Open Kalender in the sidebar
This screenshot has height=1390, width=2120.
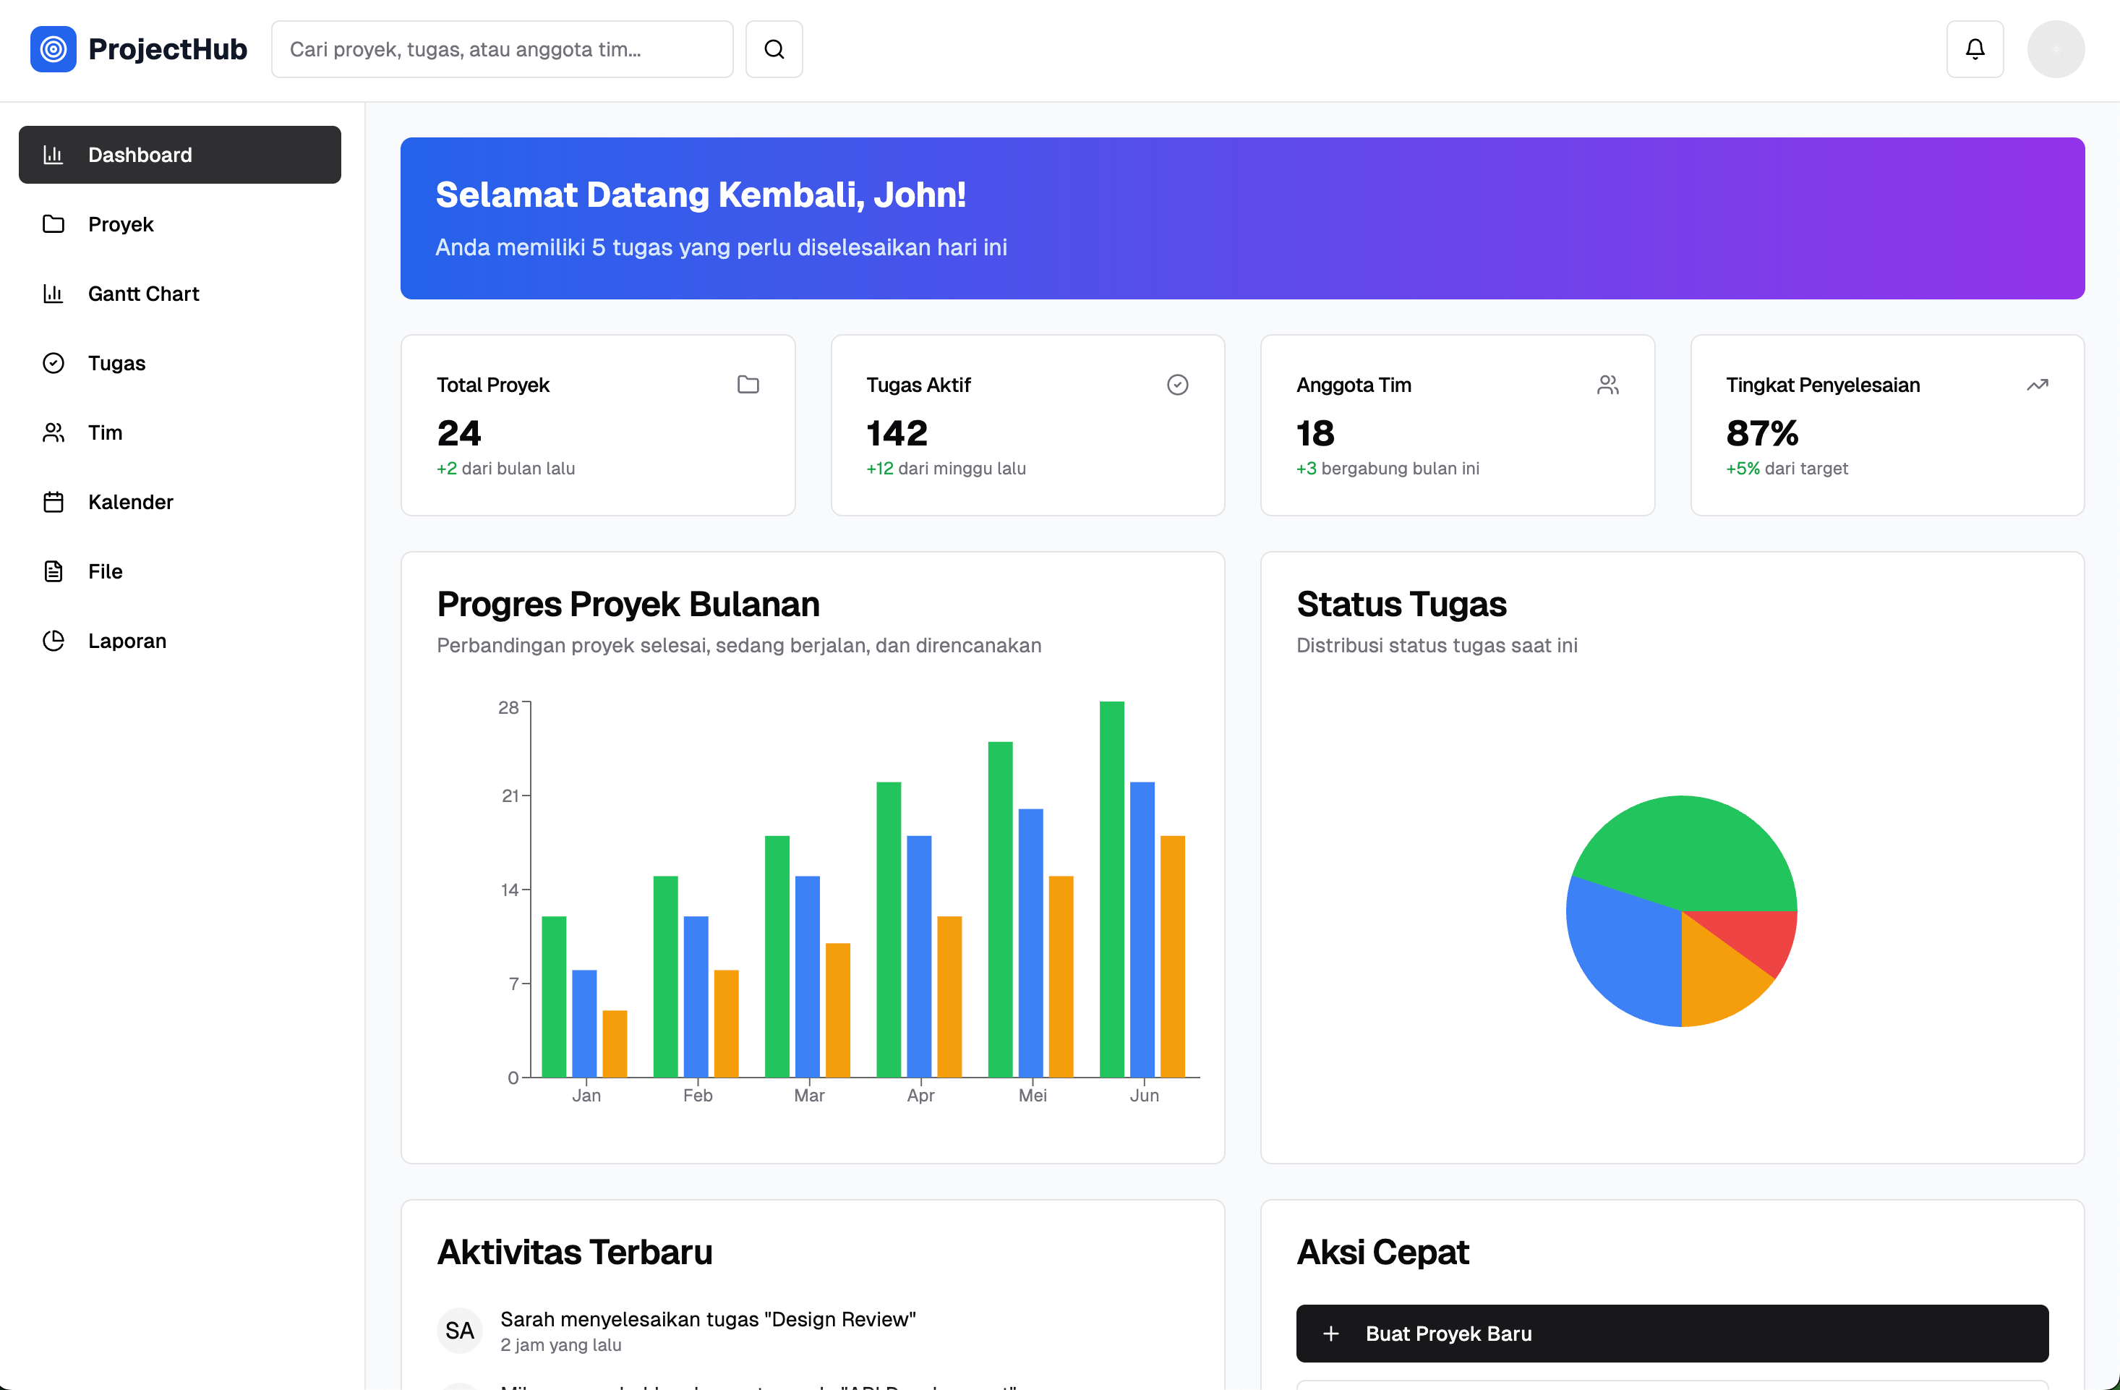[179, 502]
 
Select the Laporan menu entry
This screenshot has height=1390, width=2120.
[179, 641]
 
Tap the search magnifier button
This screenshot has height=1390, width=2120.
[774, 49]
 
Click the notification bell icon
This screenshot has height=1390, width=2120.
[1975, 49]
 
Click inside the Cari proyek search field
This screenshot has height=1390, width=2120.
[503, 49]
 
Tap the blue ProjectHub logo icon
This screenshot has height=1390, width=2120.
[54, 49]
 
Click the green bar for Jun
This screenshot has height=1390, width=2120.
[1111, 890]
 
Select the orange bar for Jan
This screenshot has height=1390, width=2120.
[615, 1044]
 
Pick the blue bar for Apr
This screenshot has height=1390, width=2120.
[919, 956]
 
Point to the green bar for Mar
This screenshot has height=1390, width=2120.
[777, 956]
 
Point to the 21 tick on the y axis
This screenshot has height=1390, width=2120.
[510, 796]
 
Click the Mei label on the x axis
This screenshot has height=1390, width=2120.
[1033, 1095]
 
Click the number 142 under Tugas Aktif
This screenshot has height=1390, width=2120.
[897, 433]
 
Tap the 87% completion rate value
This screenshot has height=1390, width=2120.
[1762, 433]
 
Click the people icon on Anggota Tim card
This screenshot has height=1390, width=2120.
[1608, 385]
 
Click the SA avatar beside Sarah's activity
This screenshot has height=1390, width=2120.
[460, 1330]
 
